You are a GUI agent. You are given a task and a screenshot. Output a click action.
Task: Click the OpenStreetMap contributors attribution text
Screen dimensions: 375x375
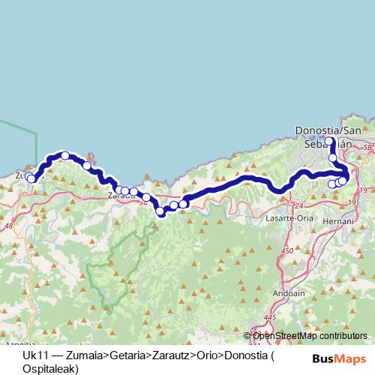point(310,335)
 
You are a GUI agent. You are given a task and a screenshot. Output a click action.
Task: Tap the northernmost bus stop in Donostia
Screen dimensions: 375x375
point(329,140)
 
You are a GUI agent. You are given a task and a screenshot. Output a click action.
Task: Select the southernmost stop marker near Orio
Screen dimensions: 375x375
point(160,212)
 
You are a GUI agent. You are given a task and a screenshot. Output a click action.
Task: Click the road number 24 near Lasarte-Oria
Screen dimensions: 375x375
point(298,205)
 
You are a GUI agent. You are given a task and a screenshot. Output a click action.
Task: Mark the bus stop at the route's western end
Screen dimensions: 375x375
point(30,178)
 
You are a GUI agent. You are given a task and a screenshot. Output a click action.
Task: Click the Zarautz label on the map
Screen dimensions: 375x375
point(119,196)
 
